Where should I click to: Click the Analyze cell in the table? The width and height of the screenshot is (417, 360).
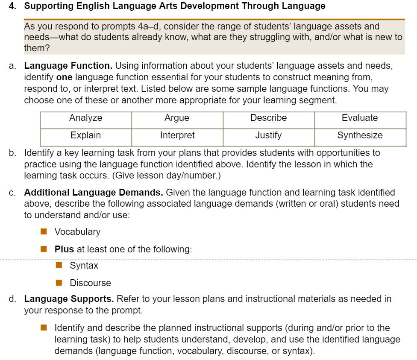coord(86,118)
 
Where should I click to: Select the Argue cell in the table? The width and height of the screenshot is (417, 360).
coord(177,118)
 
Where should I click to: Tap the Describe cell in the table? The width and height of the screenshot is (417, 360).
coord(268,118)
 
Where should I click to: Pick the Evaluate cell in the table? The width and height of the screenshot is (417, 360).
coord(360,118)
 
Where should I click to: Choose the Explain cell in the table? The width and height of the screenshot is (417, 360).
coord(86,135)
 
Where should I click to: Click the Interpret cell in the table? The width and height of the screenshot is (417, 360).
coord(177,135)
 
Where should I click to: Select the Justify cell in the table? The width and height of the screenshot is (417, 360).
coord(268,135)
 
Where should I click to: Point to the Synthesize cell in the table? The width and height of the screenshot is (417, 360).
coord(360,135)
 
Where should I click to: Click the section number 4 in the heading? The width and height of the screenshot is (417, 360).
coord(11,6)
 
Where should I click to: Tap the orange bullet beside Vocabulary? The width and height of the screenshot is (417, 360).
coord(44,232)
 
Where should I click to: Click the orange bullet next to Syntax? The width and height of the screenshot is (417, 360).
coord(59,266)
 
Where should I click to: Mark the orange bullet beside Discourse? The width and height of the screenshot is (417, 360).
coord(59,283)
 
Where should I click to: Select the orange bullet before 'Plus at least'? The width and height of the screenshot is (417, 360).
coord(44,249)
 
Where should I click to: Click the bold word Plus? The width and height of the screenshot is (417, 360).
coord(64,249)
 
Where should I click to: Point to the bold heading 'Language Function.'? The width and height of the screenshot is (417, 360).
coord(68,66)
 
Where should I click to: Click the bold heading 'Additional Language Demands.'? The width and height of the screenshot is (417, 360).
coord(94,193)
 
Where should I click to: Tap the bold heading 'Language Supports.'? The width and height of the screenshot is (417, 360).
coord(69,299)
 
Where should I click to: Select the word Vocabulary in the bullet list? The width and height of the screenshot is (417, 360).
coord(77,232)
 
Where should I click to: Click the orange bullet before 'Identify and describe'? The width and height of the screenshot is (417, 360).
coord(44,328)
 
